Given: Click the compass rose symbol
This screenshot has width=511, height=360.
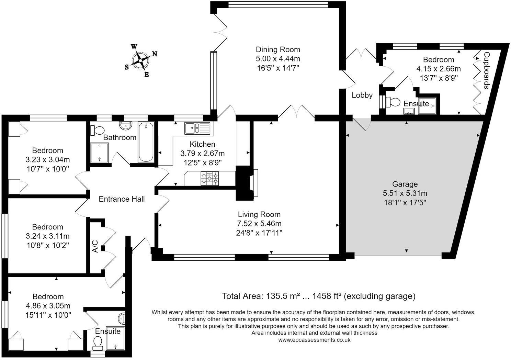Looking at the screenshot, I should click(140, 60).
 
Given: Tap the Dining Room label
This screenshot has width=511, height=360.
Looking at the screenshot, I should click(278, 49).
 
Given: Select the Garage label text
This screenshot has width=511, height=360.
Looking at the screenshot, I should click(405, 184).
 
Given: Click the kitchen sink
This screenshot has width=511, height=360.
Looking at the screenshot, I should click(197, 128).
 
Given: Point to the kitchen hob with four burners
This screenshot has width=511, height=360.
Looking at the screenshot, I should click(209, 178).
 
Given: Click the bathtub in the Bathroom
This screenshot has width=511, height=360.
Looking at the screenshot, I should click(146, 142).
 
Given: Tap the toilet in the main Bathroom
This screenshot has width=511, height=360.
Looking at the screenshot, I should click(97, 131).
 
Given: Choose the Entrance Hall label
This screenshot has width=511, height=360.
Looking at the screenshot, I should click(122, 199).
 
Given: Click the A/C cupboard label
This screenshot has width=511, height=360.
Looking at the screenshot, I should click(95, 247).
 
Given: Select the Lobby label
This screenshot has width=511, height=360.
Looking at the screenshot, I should click(362, 95).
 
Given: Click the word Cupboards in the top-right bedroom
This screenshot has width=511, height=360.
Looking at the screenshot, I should click(486, 70).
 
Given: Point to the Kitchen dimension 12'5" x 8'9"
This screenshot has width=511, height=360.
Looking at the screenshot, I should click(202, 163).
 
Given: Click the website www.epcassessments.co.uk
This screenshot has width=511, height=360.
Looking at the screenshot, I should click(314, 340).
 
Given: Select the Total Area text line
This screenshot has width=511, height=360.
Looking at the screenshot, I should click(319, 296).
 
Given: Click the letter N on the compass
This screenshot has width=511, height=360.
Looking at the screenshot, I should click(155, 54).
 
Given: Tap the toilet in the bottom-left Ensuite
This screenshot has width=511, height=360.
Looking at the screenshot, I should click(98, 342).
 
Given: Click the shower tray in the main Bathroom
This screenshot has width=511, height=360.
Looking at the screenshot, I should click(100, 153).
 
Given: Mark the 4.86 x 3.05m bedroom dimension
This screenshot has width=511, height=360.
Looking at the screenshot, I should click(48, 306).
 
